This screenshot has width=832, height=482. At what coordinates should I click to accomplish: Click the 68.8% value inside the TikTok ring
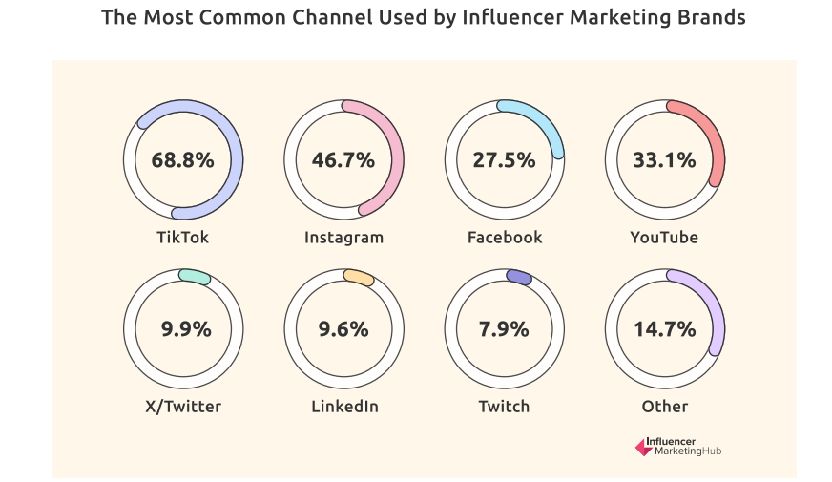(182, 159)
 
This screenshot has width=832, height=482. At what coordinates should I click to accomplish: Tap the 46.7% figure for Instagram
(343, 159)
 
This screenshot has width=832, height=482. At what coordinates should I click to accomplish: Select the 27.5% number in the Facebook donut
(504, 159)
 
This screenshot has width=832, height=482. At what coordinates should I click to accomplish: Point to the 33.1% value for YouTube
(665, 159)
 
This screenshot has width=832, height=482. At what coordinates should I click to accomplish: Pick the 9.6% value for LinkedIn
(343, 329)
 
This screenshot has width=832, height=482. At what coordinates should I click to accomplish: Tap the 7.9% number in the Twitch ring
(504, 329)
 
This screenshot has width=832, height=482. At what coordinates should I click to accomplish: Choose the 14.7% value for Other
(665, 329)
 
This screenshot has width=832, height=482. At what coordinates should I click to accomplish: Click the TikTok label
(182, 237)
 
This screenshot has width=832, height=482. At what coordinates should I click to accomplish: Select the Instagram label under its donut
(343, 238)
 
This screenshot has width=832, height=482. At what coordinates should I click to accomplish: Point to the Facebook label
(504, 237)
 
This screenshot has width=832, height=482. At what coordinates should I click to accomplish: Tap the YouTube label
(664, 237)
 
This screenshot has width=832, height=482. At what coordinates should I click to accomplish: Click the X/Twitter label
(182, 407)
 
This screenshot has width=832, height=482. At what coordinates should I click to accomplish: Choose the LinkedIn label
(344, 407)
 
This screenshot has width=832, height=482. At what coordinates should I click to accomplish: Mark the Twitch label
(504, 407)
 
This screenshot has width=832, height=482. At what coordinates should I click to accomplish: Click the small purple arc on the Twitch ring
(519, 277)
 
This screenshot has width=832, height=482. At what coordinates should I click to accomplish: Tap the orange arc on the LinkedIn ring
(359, 278)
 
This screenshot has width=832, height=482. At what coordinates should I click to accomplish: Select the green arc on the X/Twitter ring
(195, 276)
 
